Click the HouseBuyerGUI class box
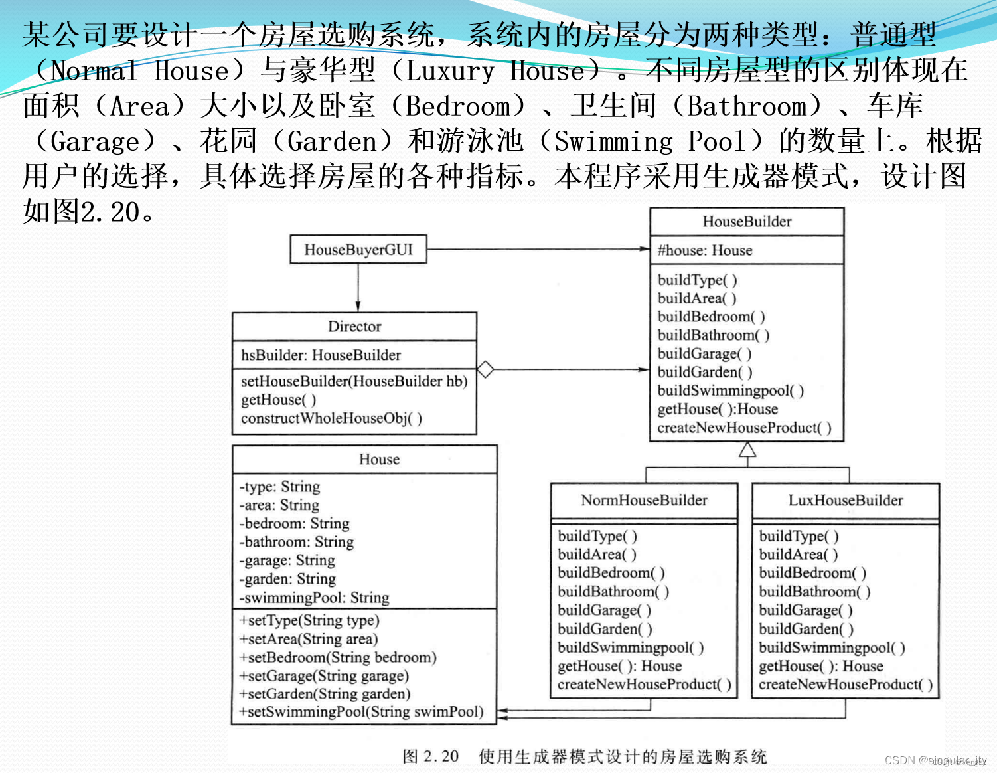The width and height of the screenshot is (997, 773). click(x=358, y=250)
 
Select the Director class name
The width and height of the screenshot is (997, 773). click(x=354, y=327)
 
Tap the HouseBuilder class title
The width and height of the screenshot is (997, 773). click(x=747, y=222)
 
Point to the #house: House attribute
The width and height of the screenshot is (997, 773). click(x=705, y=250)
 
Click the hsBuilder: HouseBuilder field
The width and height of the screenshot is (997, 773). click(x=321, y=355)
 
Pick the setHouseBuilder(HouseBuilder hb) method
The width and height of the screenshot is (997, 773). click(x=354, y=381)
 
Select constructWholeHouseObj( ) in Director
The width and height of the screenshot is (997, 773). click(x=331, y=418)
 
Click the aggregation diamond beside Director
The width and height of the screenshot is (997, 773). click(x=485, y=369)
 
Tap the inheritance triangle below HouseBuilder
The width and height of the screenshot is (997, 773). click(x=747, y=450)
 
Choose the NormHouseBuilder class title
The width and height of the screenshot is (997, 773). click(x=644, y=501)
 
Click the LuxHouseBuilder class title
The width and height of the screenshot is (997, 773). click(x=845, y=501)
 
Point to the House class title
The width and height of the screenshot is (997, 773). click(x=379, y=460)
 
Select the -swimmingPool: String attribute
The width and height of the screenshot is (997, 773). click(x=314, y=598)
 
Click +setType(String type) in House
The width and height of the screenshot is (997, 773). click(x=309, y=620)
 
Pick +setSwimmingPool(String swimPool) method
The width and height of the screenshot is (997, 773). click(x=361, y=712)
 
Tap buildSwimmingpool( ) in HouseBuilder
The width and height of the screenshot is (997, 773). click(x=730, y=390)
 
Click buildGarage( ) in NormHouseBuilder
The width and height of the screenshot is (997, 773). click(x=604, y=610)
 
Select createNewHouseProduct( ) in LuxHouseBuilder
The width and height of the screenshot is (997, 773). click(x=845, y=685)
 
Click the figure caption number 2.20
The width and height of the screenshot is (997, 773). click(x=441, y=756)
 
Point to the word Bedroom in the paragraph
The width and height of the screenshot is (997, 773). click(x=457, y=106)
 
